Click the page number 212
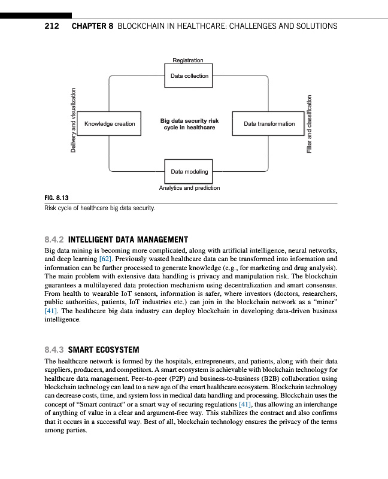(x=51, y=26)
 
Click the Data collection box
(x=189, y=76)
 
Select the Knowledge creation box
(x=110, y=124)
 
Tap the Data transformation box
(x=269, y=124)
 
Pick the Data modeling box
(x=189, y=172)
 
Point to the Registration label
(x=188, y=60)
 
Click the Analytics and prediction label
(x=189, y=188)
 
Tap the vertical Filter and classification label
(x=310, y=124)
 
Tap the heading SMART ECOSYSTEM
(x=104, y=350)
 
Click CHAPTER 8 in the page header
(x=92, y=26)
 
